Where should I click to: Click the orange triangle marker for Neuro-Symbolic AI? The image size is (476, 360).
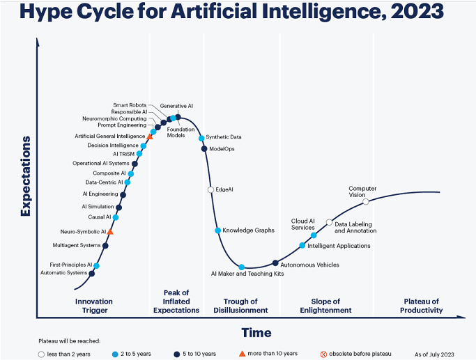[x=110, y=232]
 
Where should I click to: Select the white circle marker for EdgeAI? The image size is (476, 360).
[x=210, y=190]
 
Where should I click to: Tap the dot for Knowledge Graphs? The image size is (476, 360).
[x=217, y=230]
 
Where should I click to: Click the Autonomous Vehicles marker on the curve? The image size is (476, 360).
[x=275, y=263]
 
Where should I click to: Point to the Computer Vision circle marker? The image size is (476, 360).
[x=366, y=202]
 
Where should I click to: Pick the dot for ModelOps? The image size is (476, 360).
[x=204, y=148]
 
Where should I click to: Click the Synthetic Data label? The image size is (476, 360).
[x=224, y=137]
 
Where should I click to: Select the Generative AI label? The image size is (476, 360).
[x=176, y=106]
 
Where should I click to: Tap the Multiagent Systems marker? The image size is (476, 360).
[x=105, y=246]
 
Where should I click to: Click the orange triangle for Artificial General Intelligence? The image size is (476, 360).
[x=150, y=136]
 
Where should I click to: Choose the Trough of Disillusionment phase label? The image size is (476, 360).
[x=240, y=306]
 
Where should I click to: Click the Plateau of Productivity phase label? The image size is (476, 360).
[x=422, y=306]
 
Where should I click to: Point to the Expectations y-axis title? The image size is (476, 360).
[x=26, y=176]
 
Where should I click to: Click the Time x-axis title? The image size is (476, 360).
[x=256, y=333]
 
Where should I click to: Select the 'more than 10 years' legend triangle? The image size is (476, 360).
[x=242, y=354]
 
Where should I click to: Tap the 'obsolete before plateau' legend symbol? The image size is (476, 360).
[x=323, y=354]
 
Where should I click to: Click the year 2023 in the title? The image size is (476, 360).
[x=417, y=12]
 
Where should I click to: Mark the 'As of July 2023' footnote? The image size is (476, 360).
[x=434, y=354]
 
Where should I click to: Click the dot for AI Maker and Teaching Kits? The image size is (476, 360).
[x=241, y=267]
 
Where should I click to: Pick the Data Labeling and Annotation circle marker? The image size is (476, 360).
[x=329, y=222]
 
